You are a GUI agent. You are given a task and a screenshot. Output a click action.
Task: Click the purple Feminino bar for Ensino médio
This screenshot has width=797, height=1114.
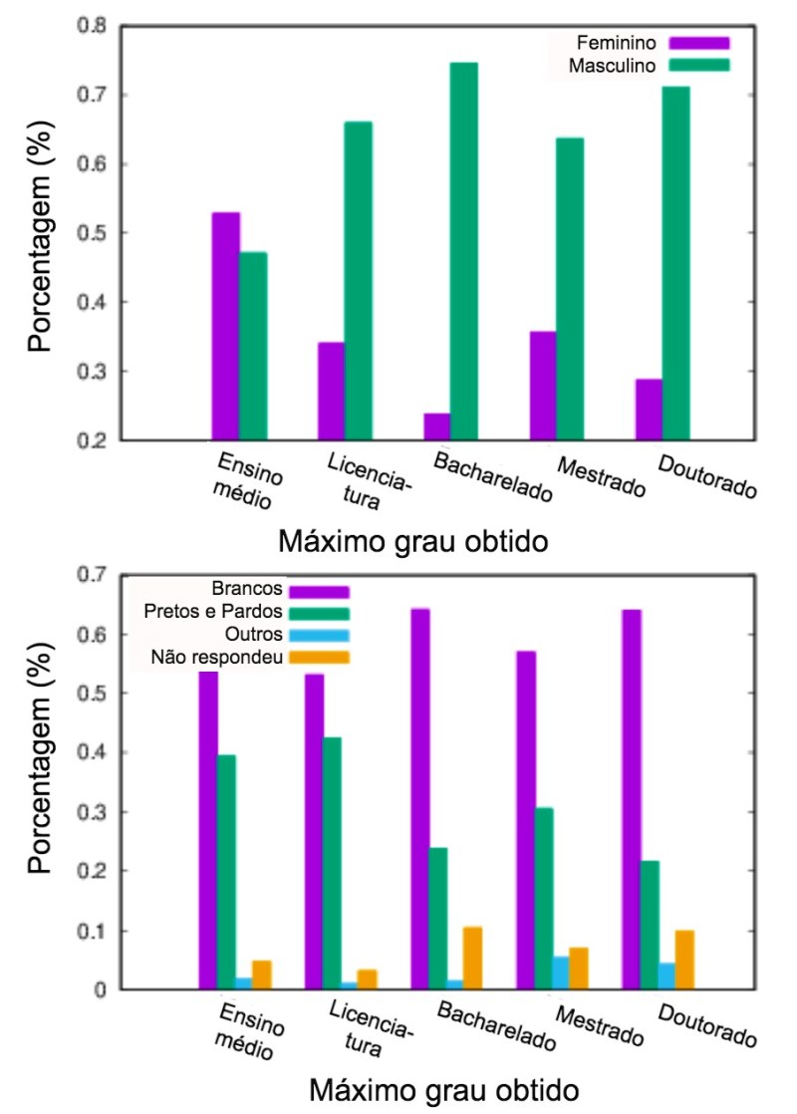tap(225, 326)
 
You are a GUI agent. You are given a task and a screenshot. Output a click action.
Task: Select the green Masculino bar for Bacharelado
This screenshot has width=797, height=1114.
tap(463, 251)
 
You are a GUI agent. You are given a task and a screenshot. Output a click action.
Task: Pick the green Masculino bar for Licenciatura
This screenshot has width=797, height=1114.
tap(358, 281)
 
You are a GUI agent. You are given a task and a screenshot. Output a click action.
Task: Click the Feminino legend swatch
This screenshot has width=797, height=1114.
tap(699, 43)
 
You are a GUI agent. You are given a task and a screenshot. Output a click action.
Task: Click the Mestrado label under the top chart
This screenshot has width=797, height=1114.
tap(601, 479)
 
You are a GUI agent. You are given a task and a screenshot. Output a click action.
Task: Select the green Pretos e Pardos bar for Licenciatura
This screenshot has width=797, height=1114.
tap(332, 863)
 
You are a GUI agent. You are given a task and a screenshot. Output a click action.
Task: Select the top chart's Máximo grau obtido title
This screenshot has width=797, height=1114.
tap(413, 543)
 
